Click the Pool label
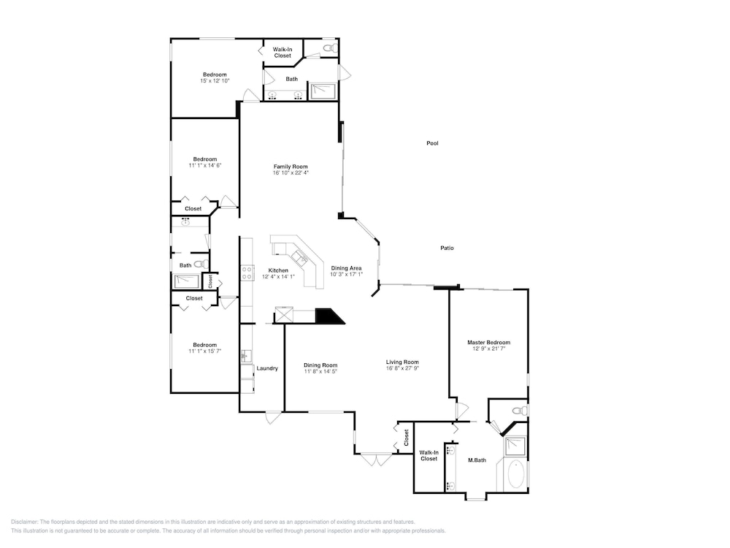432,143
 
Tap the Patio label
447,248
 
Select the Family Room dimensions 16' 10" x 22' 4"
291,173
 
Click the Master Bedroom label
489,342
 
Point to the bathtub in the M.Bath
515,474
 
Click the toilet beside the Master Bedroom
520,411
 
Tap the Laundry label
267,368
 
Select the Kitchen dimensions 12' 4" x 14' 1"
278,276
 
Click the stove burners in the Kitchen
247,273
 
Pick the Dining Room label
320,365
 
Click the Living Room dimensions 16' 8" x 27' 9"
402,368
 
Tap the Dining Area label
346,268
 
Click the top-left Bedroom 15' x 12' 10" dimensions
215,80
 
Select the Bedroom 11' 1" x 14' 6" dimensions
205,165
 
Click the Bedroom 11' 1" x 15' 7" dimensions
205,351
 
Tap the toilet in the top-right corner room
330,47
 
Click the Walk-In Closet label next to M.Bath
429,455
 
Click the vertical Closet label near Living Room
406,438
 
